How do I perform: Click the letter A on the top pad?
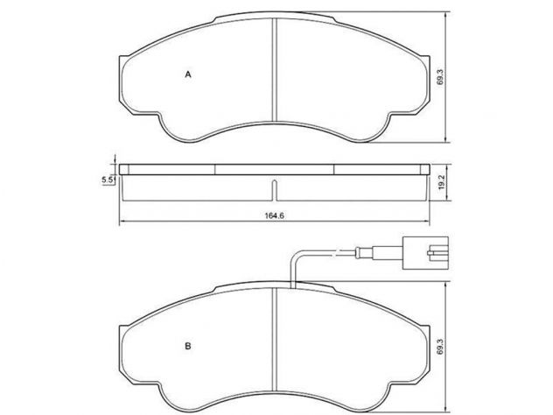(188, 74)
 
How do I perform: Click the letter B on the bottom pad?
(188, 346)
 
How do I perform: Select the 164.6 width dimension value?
(275, 215)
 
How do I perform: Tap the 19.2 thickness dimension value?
(441, 184)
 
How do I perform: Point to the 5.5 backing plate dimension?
(108, 180)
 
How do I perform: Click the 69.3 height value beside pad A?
(439, 77)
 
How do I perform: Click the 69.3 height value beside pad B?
(439, 347)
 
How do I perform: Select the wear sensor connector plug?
(425, 253)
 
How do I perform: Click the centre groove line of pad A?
(275, 69)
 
